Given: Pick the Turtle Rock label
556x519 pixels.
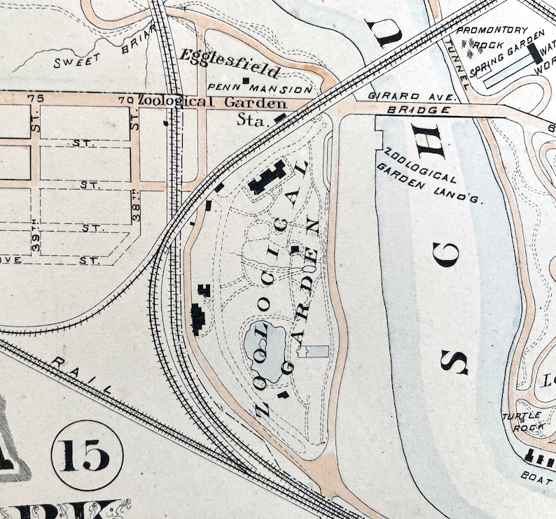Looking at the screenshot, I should (x=518, y=420).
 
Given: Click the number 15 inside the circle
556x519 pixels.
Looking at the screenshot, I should (x=87, y=455).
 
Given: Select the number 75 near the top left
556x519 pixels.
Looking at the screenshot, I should (x=30, y=99).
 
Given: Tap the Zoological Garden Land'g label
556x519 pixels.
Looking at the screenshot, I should (x=426, y=175).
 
